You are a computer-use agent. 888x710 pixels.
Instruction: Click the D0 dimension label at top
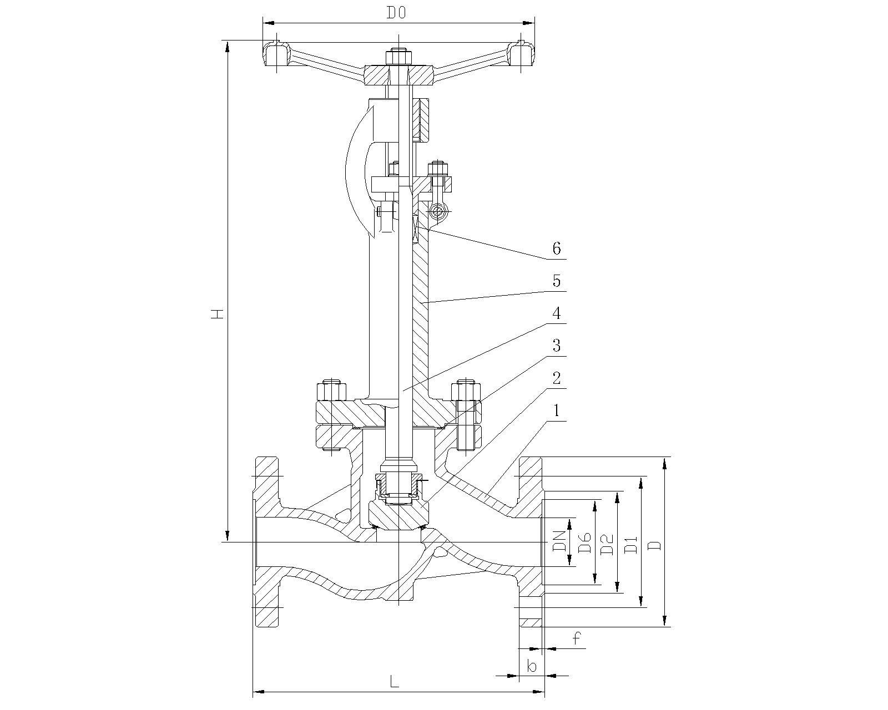tap(396, 14)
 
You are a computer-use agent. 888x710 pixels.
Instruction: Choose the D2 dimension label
tap(607, 544)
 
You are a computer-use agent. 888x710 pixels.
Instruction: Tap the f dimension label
tap(577, 640)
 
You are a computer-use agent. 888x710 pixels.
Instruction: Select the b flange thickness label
tap(532, 666)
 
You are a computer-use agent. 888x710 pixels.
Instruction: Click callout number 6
tap(556, 248)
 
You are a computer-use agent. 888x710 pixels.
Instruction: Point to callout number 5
tap(556, 281)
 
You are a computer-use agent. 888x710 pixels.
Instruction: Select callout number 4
tap(556, 314)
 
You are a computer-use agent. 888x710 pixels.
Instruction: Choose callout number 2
tap(556, 379)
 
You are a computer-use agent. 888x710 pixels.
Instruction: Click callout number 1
tap(556, 412)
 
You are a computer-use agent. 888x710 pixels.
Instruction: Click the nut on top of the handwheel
tap(398, 57)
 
